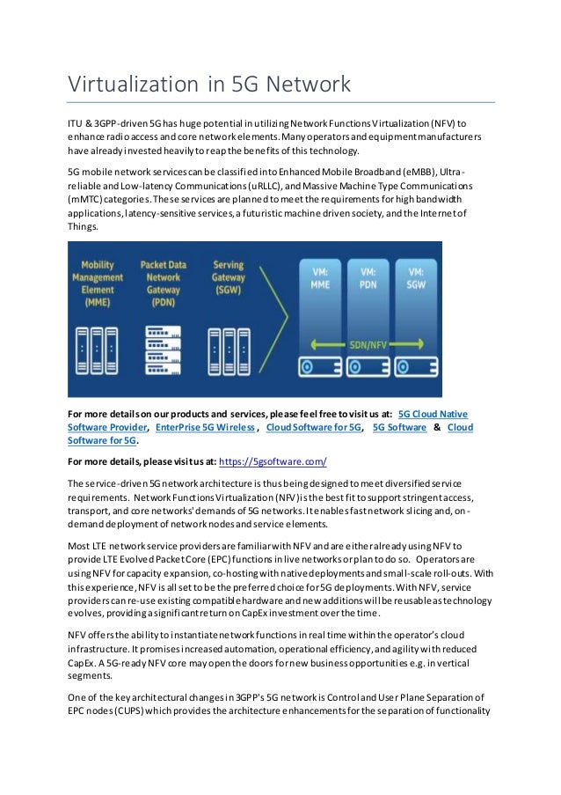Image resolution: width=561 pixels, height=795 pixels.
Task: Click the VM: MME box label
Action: [x=320, y=278]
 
